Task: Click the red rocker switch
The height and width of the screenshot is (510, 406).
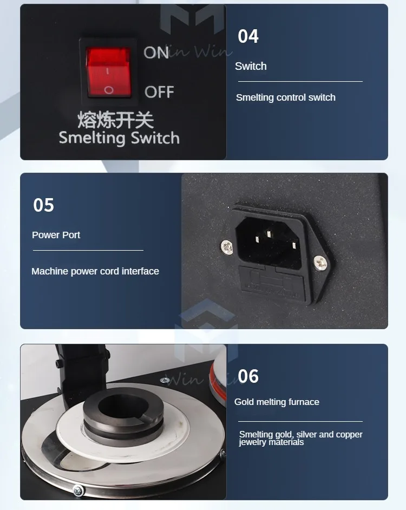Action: [109, 72]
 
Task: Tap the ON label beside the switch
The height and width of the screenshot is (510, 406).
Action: [156, 53]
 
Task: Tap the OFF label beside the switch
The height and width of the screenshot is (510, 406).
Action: [159, 91]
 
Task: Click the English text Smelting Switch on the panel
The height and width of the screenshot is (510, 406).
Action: [119, 138]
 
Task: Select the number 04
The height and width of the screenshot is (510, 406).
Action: [248, 36]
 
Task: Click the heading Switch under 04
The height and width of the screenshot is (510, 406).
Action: [251, 66]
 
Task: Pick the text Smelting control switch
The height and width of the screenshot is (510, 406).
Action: [286, 97]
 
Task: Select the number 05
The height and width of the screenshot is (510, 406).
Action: [44, 205]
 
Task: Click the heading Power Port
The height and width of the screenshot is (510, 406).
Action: [56, 235]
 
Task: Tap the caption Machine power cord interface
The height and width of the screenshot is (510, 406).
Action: [95, 271]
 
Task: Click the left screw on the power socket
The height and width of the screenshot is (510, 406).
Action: [227, 247]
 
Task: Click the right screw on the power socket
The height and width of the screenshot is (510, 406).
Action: [321, 264]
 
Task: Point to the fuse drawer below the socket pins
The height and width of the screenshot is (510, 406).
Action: [274, 282]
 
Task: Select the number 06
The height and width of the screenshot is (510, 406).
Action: [248, 376]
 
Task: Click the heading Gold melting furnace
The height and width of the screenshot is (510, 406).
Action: [277, 402]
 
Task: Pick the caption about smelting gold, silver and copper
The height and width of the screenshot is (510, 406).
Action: [301, 438]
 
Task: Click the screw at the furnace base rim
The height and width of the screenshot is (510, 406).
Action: [79, 490]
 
